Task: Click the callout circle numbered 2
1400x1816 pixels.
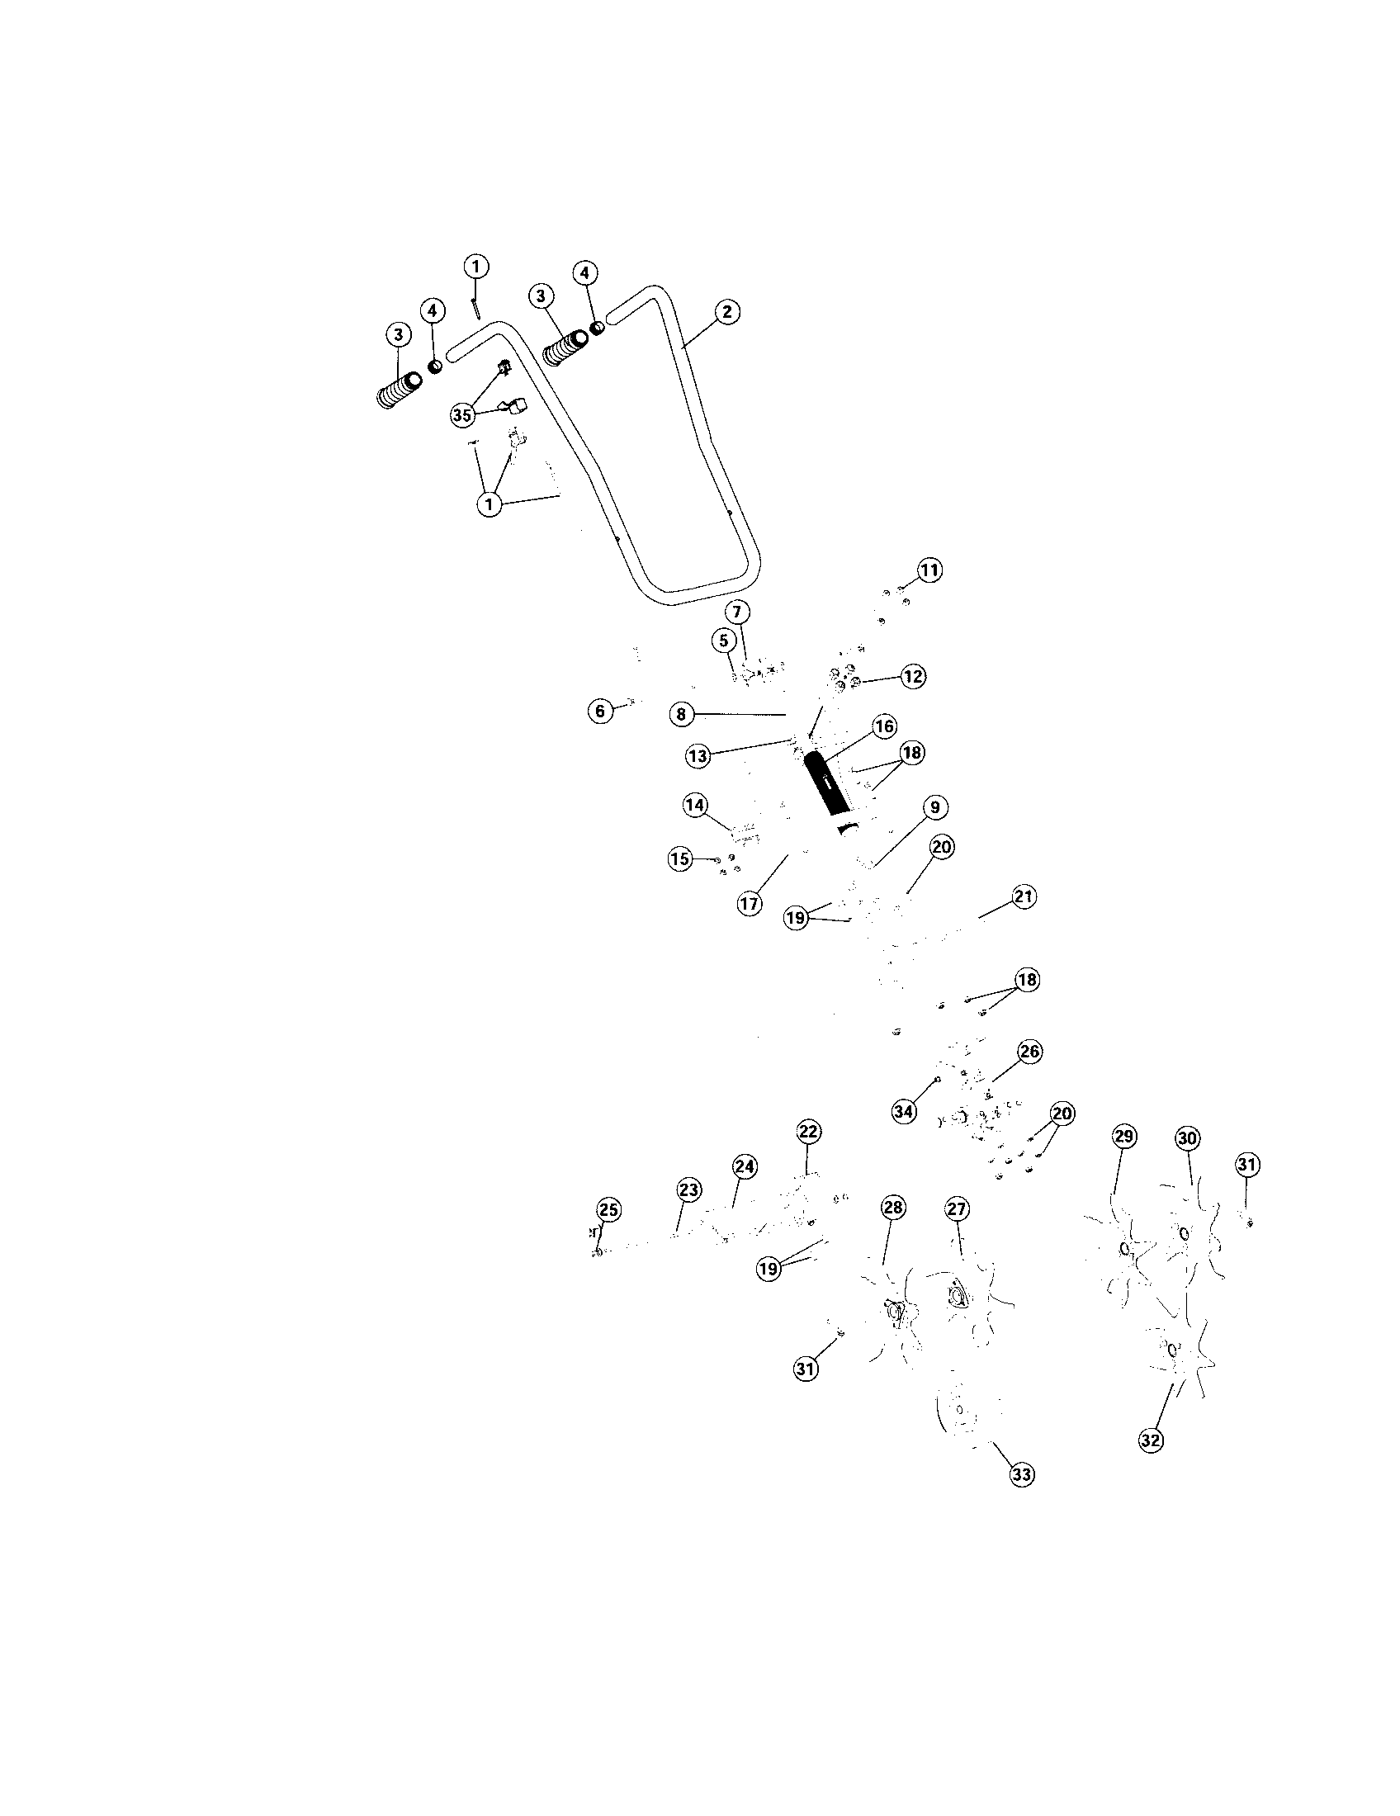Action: click(x=726, y=312)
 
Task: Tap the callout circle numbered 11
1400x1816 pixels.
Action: click(x=929, y=570)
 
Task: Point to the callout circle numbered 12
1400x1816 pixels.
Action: click(x=913, y=677)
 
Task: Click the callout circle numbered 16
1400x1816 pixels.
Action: click(x=884, y=726)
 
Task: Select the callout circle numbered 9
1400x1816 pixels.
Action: click(x=934, y=807)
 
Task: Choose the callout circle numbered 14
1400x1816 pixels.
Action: click(x=695, y=805)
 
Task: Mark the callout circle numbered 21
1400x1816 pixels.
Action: click(x=1024, y=897)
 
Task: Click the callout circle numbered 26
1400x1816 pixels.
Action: click(x=1029, y=1052)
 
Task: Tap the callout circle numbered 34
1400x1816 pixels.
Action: click(x=905, y=1112)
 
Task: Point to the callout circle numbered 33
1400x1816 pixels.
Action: click(x=1022, y=1475)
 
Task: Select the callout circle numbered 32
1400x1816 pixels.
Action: click(x=1151, y=1441)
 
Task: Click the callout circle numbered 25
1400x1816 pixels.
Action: click(x=609, y=1210)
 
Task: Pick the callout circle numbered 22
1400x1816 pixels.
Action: click(x=808, y=1131)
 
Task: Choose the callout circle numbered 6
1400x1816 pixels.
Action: click(x=601, y=711)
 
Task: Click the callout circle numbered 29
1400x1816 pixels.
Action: click(x=1124, y=1137)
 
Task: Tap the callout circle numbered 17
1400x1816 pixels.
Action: click(x=750, y=904)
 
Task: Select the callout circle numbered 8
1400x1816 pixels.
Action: click(x=681, y=713)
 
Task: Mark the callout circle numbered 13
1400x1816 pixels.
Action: click(x=698, y=756)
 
